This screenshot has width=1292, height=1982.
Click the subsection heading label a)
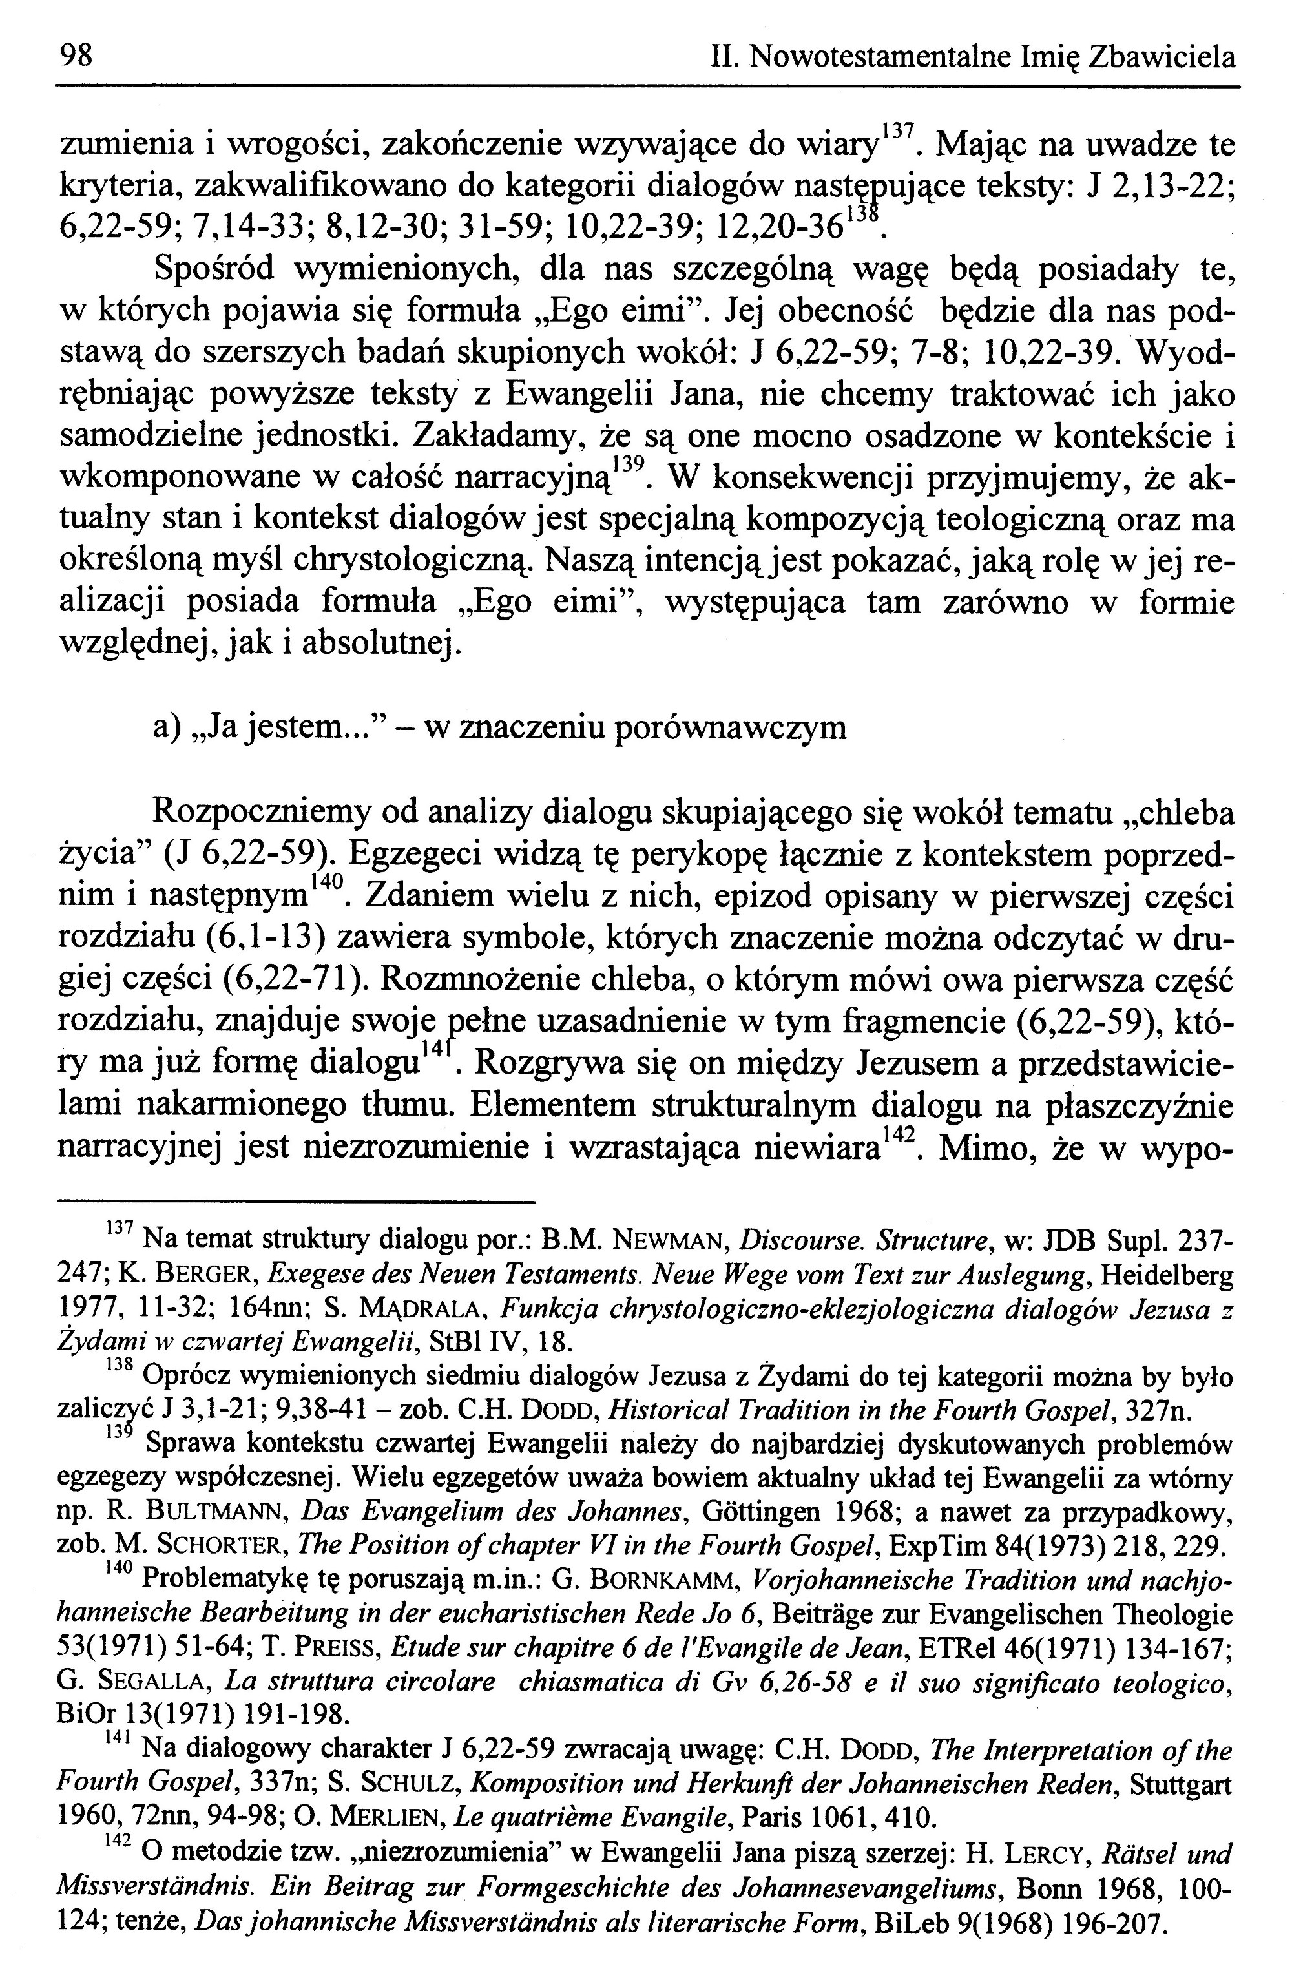167,727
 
